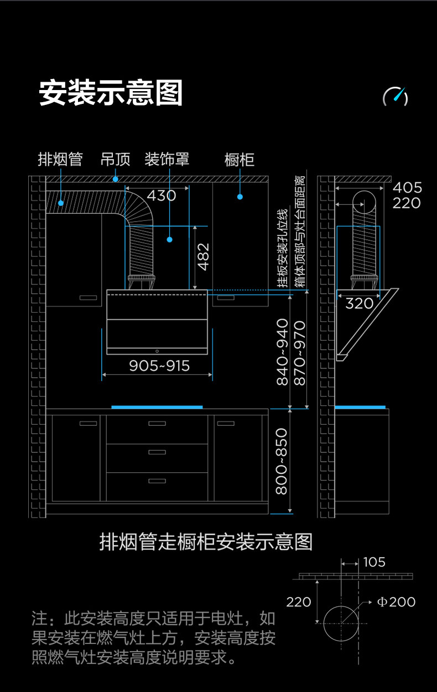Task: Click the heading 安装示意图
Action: click(x=111, y=93)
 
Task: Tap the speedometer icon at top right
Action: click(x=396, y=97)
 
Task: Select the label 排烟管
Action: click(x=60, y=160)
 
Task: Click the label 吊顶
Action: click(x=115, y=160)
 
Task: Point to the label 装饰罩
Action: click(x=167, y=160)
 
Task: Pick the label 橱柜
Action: click(x=240, y=160)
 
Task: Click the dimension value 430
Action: click(x=161, y=196)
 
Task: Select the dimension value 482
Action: click(x=203, y=256)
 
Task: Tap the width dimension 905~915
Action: click(x=159, y=366)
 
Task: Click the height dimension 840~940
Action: click(x=282, y=352)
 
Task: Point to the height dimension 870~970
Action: click(x=299, y=352)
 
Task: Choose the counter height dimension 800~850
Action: click(x=282, y=461)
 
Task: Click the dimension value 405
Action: click(x=407, y=188)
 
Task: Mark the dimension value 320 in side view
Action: click(x=359, y=303)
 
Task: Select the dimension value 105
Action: click(x=374, y=562)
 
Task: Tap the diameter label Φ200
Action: click(x=396, y=601)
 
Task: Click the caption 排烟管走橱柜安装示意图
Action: click(x=206, y=542)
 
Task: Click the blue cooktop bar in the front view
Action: click(x=157, y=407)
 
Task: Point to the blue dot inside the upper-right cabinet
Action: click(x=240, y=196)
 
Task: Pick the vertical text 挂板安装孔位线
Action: click(x=283, y=249)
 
